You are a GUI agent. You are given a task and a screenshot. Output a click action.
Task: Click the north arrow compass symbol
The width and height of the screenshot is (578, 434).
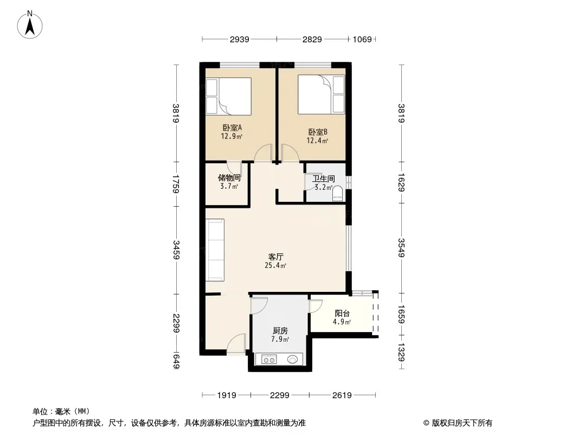tap(30, 25)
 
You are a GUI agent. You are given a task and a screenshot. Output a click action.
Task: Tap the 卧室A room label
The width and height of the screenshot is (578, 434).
tap(232, 127)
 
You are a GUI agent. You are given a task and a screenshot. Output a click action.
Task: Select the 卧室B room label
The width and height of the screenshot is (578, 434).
tap(318, 132)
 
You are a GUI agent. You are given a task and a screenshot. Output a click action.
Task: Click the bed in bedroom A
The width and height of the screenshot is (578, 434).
tap(229, 96)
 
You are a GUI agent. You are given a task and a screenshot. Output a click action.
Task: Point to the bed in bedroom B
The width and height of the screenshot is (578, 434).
tap(321, 94)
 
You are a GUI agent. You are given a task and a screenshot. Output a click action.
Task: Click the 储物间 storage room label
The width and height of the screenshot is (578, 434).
tap(229, 178)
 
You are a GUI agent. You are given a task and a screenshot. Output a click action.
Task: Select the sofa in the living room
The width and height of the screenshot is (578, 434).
tap(215, 250)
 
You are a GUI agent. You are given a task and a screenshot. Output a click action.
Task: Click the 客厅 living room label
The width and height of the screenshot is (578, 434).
tap(276, 257)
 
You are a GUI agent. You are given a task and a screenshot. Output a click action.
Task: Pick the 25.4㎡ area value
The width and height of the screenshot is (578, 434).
tap(276, 265)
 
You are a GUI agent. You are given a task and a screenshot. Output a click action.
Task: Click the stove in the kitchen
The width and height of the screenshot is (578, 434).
tap(269, 359)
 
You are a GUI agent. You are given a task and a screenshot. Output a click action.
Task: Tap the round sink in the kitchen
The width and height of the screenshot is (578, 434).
tap(293, 359)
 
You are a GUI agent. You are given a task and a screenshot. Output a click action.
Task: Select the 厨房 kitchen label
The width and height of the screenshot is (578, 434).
tap(280, 331)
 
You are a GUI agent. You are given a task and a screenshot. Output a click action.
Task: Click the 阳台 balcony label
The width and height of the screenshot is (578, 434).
tap(342, 314)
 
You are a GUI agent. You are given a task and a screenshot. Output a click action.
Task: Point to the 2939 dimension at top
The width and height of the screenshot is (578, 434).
tap(240, 39)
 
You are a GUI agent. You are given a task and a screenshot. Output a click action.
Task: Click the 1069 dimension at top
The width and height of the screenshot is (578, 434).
tap(362, 39)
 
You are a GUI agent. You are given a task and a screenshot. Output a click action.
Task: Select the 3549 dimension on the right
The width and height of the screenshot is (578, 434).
tap(401, 248)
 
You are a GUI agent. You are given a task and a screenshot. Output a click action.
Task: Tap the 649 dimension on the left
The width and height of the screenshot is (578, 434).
tap(176, 361)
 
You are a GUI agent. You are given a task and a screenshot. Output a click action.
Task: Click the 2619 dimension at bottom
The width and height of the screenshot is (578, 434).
tap(342, 395)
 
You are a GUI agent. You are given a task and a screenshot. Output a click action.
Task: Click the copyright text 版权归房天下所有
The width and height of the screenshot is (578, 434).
tap(462, 423)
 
